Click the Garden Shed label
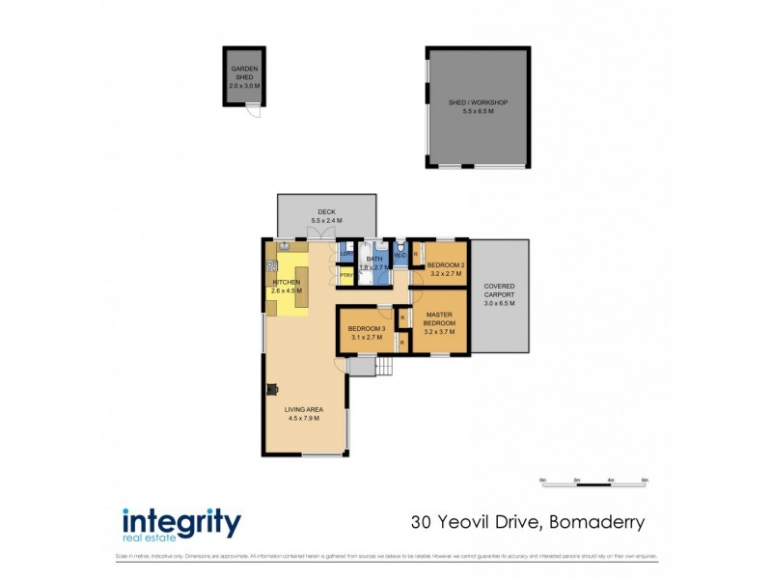pos(244,77)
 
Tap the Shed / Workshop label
pos(478,107)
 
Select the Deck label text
pos(325,216)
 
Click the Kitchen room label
pos(287,286)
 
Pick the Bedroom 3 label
pos(367,333)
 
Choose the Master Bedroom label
pos(439,322)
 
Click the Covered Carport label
pos(499,294)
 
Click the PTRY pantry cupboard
pos(345,277)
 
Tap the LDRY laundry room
pos(345,255)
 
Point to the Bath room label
pos(372,262)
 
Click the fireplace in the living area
pos(271,389)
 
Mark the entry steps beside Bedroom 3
pos(384,367)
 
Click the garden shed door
pos(252,110)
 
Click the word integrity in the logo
pos(180,521)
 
